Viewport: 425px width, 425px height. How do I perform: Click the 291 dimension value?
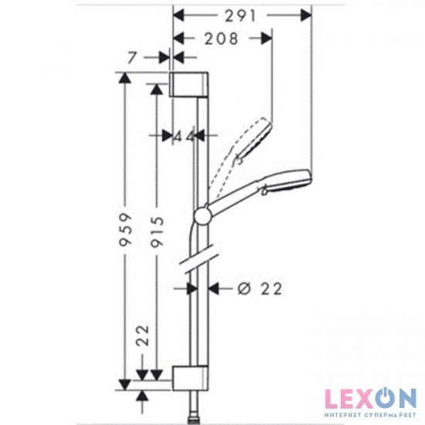[240, 14]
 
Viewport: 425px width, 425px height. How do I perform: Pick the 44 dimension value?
[183, 136]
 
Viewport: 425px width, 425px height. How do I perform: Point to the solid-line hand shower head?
[286, 181]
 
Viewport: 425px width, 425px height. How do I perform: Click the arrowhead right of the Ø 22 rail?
[217, 288]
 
